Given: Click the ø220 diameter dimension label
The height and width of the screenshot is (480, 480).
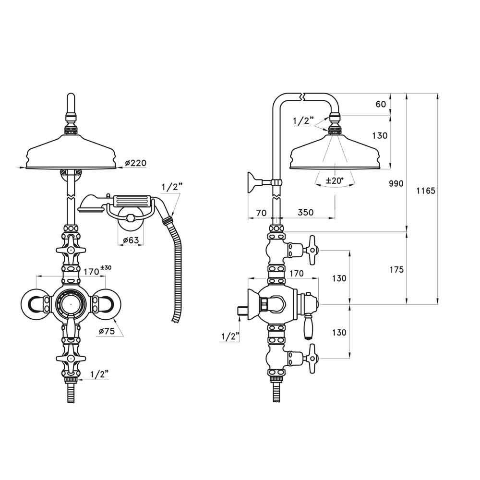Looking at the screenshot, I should (x=135, y=164).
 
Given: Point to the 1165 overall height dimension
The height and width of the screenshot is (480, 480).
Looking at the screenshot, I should (x=425, y=191).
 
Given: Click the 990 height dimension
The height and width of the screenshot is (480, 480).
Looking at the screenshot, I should (x=397, y=184).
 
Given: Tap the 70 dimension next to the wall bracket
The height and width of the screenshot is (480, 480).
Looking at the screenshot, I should (x=261, y=212).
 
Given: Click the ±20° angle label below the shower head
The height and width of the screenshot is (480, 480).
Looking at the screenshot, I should (x=335, y=180).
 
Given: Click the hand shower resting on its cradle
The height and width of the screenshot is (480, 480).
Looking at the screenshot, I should (x=120, y=202).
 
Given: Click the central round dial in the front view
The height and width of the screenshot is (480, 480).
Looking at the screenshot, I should (x=70, y=303).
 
